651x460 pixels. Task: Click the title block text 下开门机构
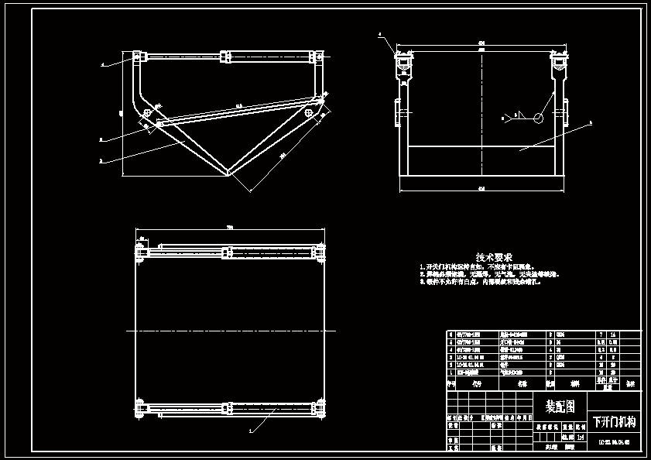pyautogui.click(x=614, y=422)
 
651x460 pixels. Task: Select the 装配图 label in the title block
pyautogui.click(x=561, y=406)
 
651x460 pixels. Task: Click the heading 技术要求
pyautogui.click(x=493, y=257)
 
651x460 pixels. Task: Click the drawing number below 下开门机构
pyautogui.click(x=614, y=443)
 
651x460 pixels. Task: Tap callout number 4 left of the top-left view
pyautogui.click(x=103, y=66)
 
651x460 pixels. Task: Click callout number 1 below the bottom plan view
pyautogui.click(x=250, y=428)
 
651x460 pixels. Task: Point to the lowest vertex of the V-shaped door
pyautogui.click(x=230, y=173)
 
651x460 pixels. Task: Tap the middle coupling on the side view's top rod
pyautogui.click(x=226, y=57)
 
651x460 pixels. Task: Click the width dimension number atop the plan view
pyautogui.click(x=230, y=227)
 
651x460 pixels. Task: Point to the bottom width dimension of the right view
pyautogui.click(x=481, y=188)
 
